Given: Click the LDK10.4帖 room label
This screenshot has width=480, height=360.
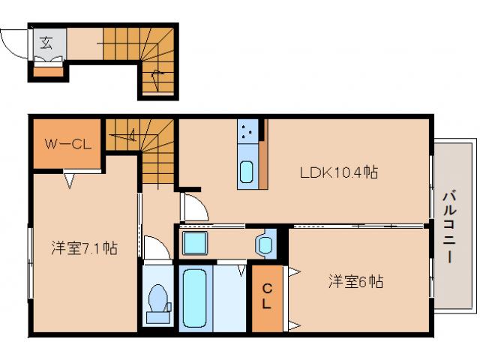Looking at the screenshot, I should pyautogui.click(x=338, y=172).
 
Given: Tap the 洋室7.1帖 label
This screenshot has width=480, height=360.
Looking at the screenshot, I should pyautogui.click(x=83, y=247).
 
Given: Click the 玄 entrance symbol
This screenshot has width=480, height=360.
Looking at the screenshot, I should pyautogui.click(x=46, y=42).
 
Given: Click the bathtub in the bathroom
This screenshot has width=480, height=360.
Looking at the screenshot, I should pyautogui.click(x=193, y=298).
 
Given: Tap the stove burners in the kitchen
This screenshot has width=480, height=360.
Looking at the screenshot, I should pyautogui.click(x=248, y=132).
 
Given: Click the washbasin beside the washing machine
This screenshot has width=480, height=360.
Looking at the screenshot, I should pyautogui.click(x=265, y=244).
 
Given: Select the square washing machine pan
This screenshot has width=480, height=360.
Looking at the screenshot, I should pyautogui.click(x=197, y=244).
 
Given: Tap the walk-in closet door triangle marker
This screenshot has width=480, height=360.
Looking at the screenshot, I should pyautogui.click(x=70, y=179).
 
